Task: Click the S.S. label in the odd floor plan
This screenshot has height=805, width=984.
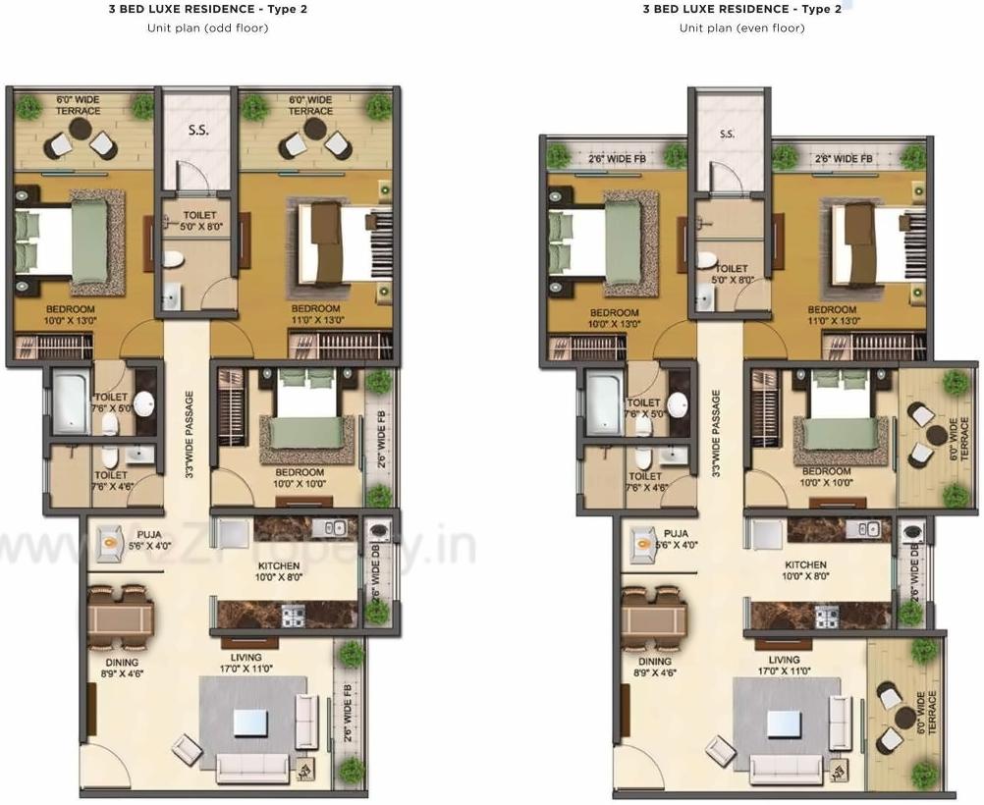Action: [x=197, y=130]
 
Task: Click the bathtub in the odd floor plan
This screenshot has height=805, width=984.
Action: [x=72, y=402]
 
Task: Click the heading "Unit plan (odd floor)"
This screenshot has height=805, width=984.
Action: [x=199, y=28]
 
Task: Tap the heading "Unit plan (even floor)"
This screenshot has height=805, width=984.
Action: [x=740, y=28]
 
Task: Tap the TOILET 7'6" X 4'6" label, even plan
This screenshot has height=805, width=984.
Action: [x=643, y=480]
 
